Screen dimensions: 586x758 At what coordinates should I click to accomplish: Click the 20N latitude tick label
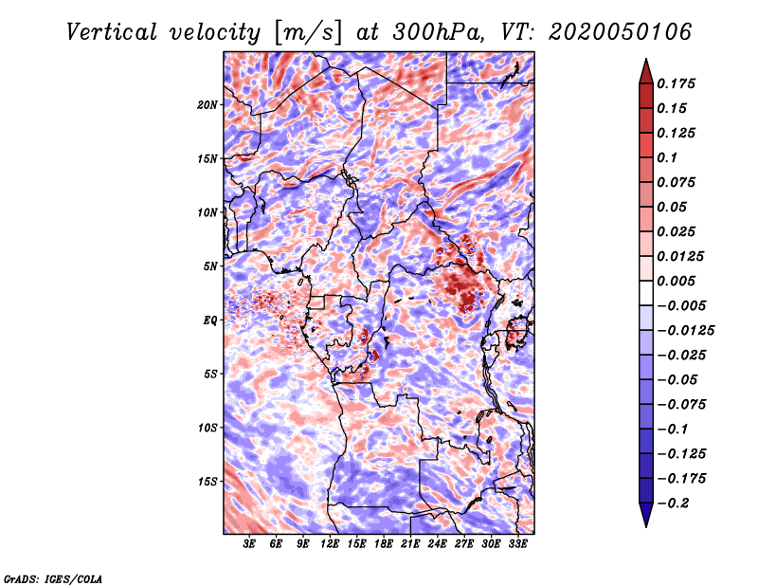[x=208, y=104]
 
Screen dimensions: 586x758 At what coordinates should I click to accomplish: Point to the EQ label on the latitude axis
[x=210, y=320]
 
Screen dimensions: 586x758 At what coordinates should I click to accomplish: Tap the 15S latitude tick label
[x=208, y=482]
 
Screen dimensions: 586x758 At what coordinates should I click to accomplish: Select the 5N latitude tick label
[x=210, y=266]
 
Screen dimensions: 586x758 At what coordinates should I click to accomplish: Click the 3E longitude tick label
[x=250, y=544]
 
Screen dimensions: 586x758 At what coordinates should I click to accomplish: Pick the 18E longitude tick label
[x=383, y=544]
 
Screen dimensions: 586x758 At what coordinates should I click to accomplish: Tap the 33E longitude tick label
[x=516, y=544]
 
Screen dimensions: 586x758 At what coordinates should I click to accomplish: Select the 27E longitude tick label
[x=463, y=544]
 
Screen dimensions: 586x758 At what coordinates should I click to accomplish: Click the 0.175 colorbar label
[x=677, y=83]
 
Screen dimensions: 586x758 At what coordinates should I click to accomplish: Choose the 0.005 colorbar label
[x=677, y=281]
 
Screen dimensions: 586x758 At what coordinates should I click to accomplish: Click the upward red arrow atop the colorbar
[x=644, y=67]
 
